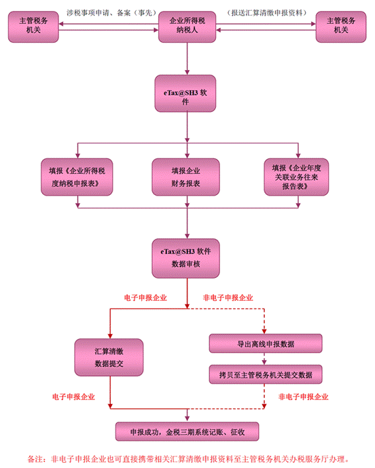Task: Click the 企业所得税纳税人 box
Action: [187, 26]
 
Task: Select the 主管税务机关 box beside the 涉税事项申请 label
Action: [33, 26]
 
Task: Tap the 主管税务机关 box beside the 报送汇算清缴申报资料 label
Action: [341, 26]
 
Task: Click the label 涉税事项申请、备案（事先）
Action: [111, 12]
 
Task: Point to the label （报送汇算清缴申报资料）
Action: [266, 12]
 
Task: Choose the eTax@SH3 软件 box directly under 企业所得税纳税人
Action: [185, 94]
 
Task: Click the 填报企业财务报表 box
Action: [185, 177]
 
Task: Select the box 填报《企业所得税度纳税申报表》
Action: [77, 177]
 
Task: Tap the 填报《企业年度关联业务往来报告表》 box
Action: [296, 177]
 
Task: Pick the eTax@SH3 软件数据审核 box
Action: [185, 258]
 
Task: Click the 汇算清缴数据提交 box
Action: [109, 357]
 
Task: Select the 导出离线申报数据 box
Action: [266, 344]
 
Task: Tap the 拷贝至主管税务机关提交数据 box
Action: [266, 374]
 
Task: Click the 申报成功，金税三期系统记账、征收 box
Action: [187, 431]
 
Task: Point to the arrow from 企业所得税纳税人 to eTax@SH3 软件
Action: [187, 58]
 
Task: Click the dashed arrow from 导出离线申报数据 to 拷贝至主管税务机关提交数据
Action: [264, 359]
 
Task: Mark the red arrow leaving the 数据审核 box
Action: [187, 293]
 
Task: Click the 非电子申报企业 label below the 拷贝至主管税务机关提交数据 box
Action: [304, 397]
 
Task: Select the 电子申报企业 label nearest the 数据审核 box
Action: [145, 298]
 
